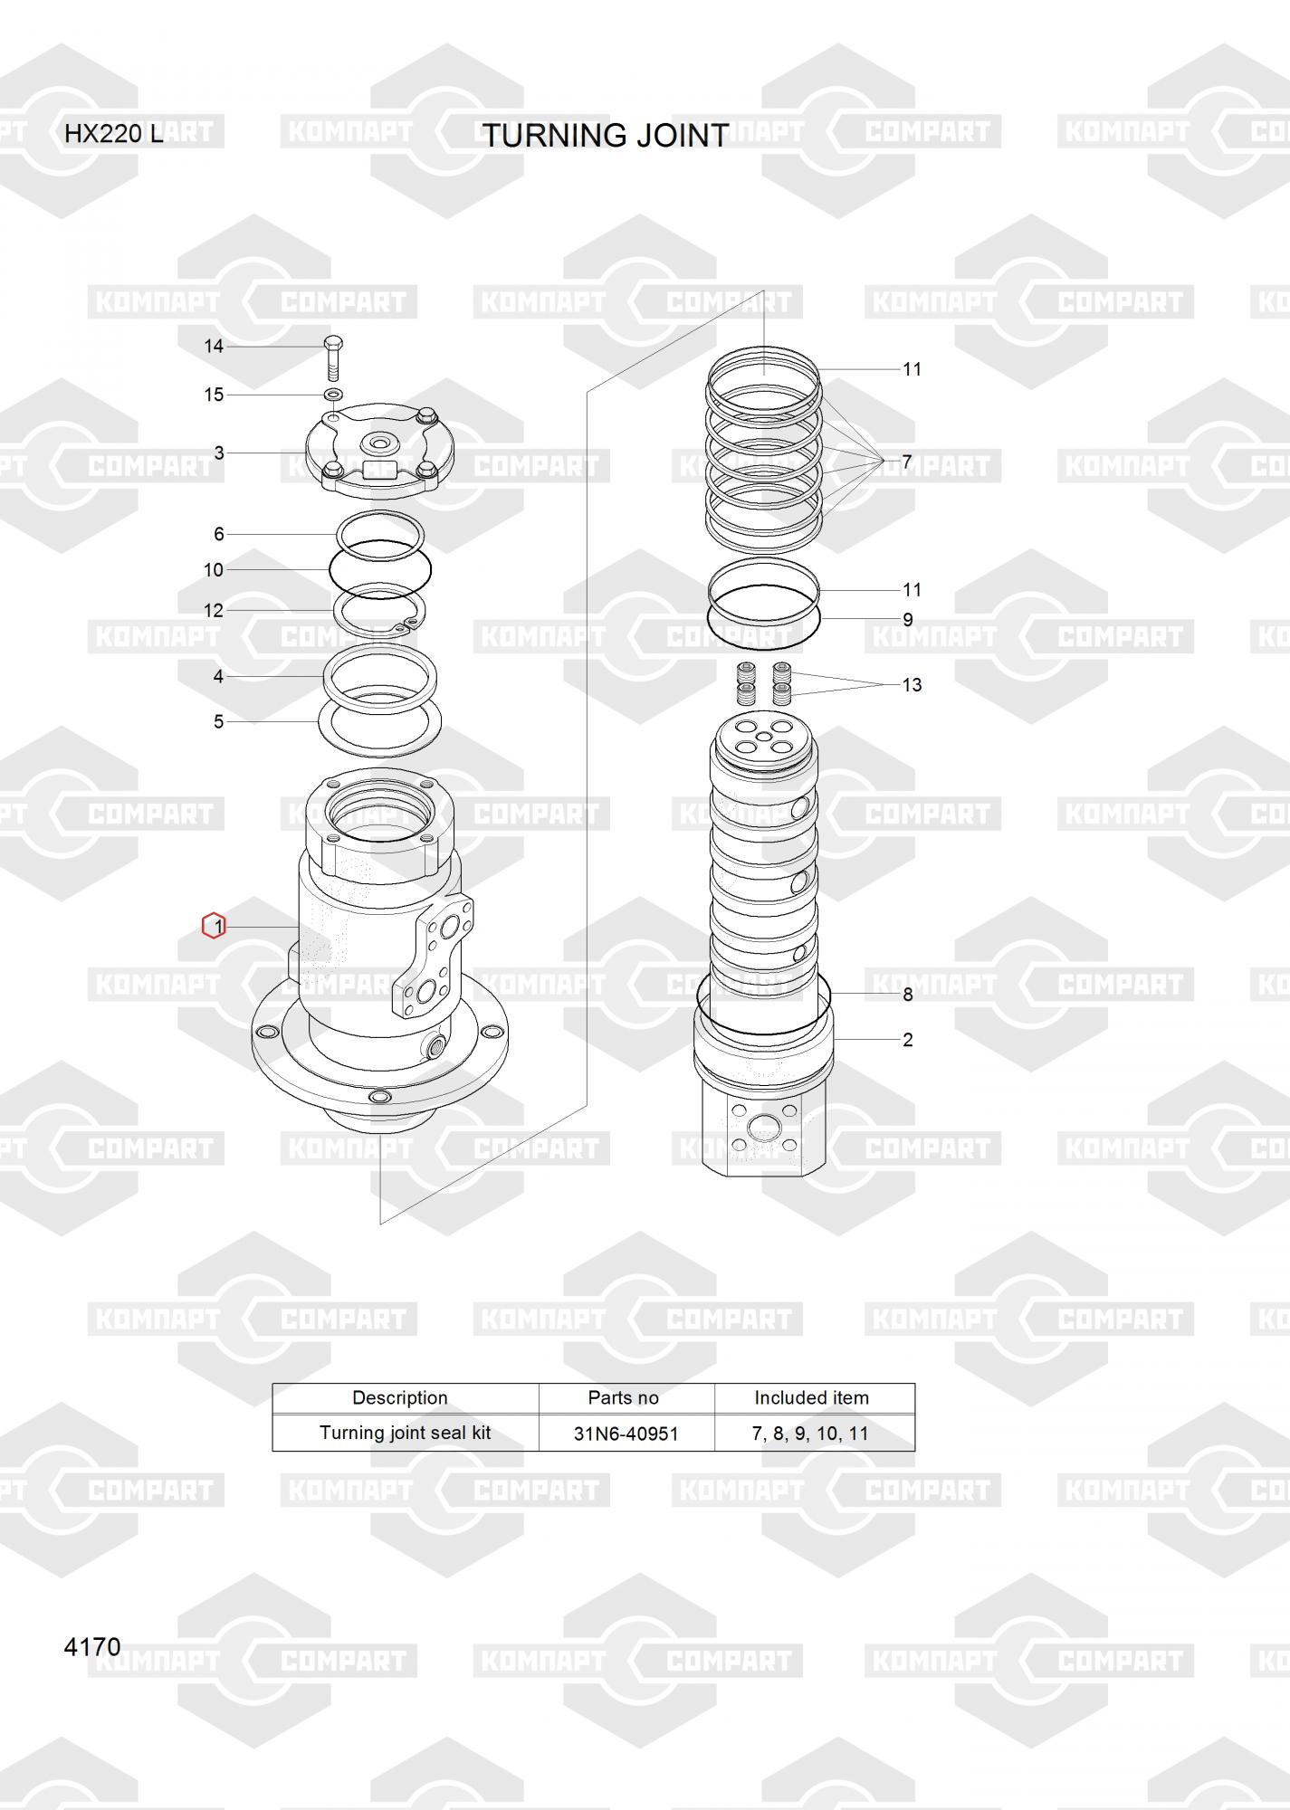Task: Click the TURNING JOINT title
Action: click(605, 136)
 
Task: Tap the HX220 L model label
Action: click(114, 134)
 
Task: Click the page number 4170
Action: click(92, 1646)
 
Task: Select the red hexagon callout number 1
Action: click(214, 926)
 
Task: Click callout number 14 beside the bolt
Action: click(214, 346)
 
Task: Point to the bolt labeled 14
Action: click(333, 359)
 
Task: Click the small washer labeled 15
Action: click(333, 395)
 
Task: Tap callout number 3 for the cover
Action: click(219, 452)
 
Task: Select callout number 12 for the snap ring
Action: click(214, 611)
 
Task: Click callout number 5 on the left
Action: click(218, 721)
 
